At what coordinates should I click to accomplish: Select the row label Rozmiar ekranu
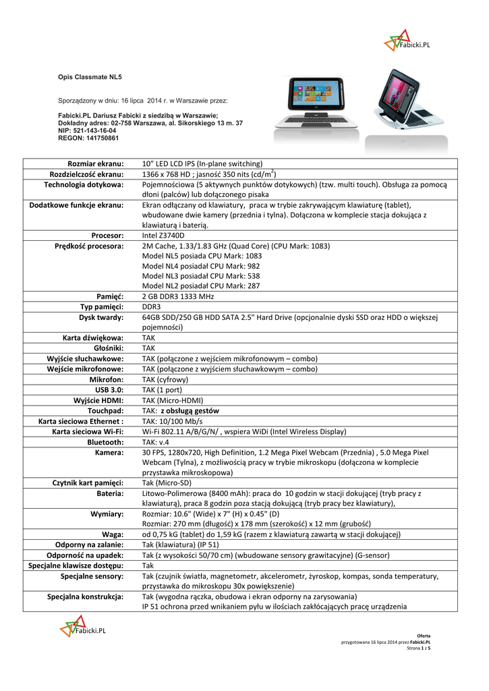coord(96,164)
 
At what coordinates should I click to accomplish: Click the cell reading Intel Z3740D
coord(163,236)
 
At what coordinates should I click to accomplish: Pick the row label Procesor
coord(105,236)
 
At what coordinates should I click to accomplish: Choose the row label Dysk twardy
coord(101,317)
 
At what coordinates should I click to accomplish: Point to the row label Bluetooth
coord(105,441)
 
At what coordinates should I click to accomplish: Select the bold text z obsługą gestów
coord(190,410)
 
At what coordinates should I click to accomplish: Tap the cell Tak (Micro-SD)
coord(167,482)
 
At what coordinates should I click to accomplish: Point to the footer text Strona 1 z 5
coord(419,648)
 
